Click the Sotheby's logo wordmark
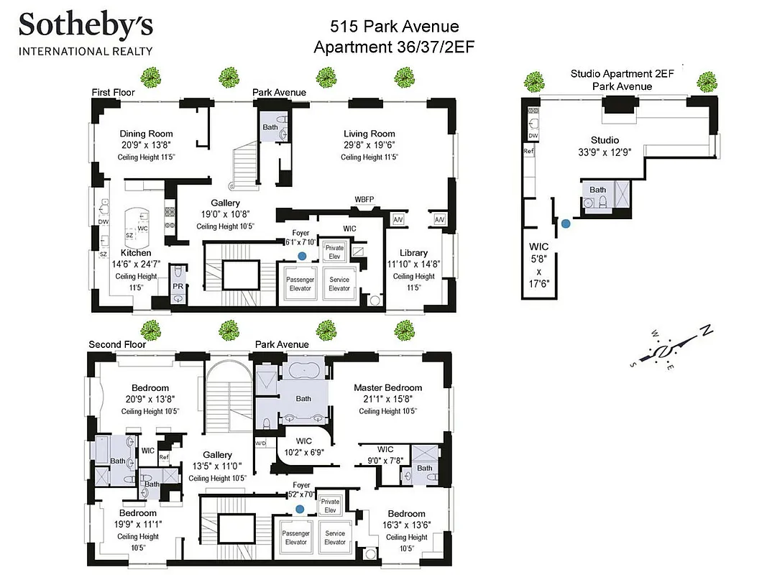point(86,26)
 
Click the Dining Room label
point(146,134)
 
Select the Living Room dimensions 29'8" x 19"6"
point(369,145)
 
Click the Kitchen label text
point(136,253)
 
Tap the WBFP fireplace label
point(364,199)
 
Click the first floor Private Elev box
point(334,252)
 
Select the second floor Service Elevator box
point(335,538)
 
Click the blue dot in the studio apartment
point(566,224)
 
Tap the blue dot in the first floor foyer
point(303,255)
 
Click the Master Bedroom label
point(388,387)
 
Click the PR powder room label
point(178,286)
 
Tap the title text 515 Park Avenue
point(394,27)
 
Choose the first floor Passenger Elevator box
point(300,284)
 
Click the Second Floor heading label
point(117,344)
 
